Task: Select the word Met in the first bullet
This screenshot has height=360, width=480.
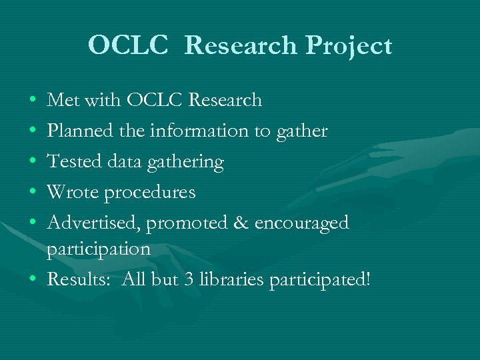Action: [63, 101]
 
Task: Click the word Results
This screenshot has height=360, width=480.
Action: [76, 281]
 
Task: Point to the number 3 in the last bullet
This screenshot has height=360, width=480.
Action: [190, 281]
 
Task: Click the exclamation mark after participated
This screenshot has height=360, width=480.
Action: [366, 280]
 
